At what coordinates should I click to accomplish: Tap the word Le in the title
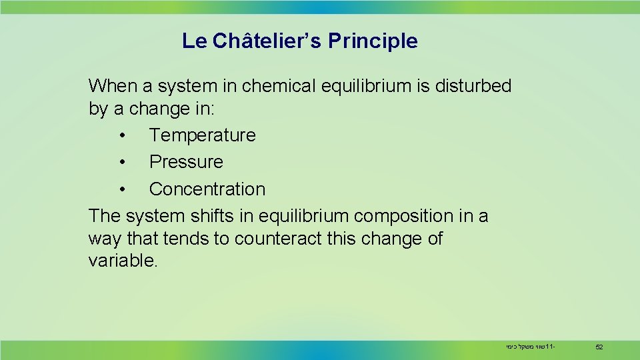195,41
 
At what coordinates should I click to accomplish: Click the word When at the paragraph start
111,86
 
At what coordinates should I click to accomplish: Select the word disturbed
473,86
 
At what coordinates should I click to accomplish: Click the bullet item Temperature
202,135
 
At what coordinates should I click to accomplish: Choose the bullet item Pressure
186,162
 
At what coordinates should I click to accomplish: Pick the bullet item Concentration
207,189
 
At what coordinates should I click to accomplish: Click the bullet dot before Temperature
123,136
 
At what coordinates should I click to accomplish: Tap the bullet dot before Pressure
123,163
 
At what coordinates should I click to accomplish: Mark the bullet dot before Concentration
123,190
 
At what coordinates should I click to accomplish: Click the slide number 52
599,347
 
